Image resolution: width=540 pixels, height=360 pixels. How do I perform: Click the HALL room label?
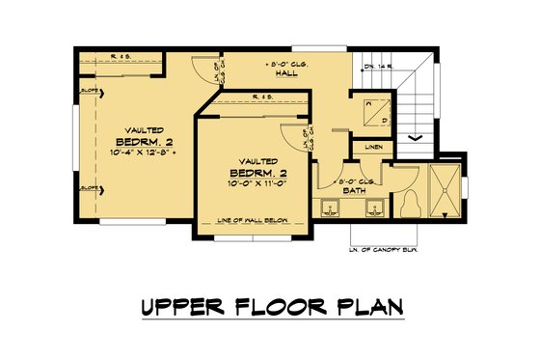pyautogui.click(x=284, y=73)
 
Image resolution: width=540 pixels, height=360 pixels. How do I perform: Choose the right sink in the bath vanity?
pyautogui.click(x=375, y=208)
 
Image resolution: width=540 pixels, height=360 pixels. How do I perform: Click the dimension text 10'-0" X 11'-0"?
pyautogui.click(x=254, y=181)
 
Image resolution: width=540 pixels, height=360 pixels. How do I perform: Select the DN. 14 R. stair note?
pyautogui.click(x=379, y=67)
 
